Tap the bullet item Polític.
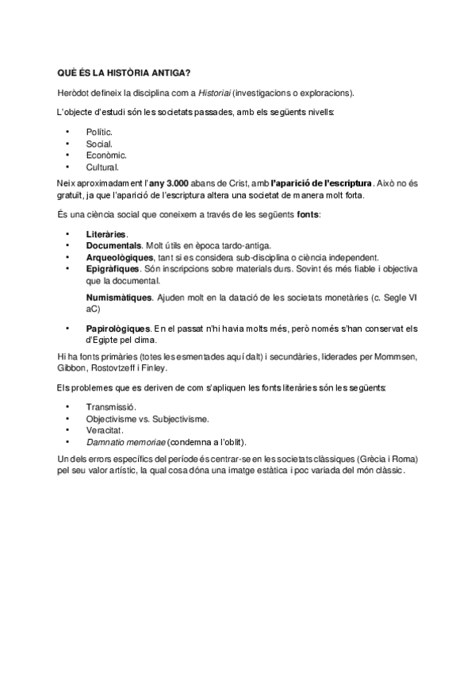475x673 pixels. (x=99, y=131)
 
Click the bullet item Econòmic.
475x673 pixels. (x=106, y=155)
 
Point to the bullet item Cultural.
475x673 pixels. (x=102, y=167)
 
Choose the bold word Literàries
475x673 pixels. (x=106, y=234)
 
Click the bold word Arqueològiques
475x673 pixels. (x=120, y=257)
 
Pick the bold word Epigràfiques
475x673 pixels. (x=113, y=269)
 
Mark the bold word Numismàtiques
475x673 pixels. (x=118, y=297)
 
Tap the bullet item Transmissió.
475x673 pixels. (x=110, y=406)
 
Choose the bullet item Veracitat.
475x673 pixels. (x=105, y=429)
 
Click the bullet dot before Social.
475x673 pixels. (x=68, y=143)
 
